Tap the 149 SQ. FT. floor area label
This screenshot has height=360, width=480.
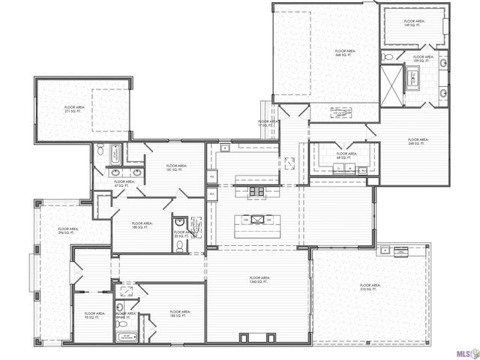414,23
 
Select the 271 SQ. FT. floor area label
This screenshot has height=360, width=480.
74,109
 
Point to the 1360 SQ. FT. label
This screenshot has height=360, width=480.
259,280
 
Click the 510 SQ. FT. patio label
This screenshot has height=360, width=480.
370,287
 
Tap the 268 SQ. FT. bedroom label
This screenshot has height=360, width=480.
418,141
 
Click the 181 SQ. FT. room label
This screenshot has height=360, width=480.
176,167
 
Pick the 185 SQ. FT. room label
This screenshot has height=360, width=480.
180,313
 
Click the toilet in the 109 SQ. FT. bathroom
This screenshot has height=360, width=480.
385,57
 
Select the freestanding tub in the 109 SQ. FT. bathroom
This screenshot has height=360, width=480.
414,77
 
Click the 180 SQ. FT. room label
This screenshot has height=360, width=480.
141,224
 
